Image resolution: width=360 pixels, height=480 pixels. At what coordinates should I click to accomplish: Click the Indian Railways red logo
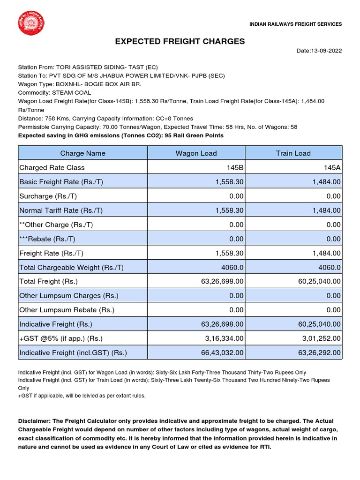[31, 22]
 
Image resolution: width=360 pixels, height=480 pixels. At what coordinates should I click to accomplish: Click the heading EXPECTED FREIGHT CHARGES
[180, 42]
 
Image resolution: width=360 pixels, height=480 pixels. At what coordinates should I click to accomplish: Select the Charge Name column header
[83, 153]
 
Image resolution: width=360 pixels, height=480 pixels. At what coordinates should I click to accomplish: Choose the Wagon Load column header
[196, 153]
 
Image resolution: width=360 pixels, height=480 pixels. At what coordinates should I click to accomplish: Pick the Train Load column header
[293, 153]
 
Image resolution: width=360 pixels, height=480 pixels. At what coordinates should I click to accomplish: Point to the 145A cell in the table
[332, 167]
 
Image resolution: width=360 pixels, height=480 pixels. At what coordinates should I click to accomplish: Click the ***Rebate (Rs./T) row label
[47, 239]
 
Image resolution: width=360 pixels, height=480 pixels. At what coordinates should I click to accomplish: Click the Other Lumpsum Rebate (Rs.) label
[67, 310]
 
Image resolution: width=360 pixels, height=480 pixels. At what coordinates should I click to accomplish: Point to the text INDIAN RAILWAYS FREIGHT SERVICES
[295, 24]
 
